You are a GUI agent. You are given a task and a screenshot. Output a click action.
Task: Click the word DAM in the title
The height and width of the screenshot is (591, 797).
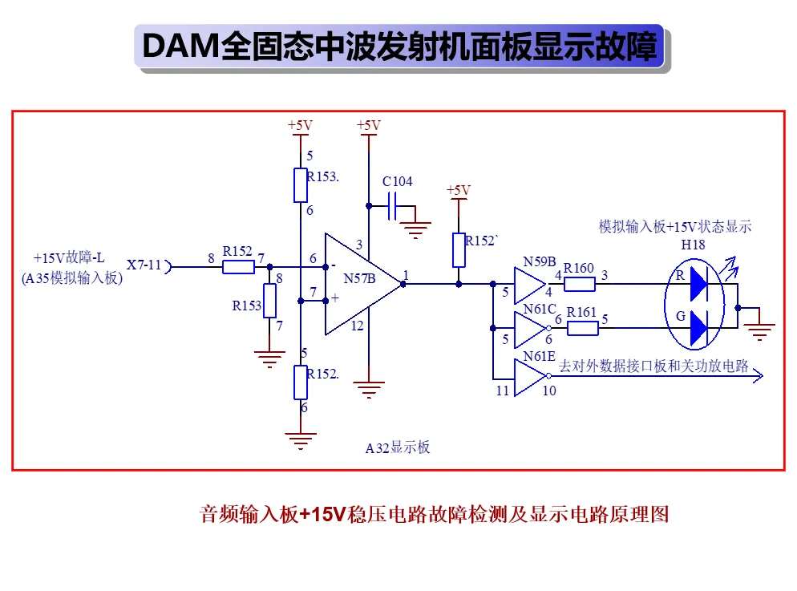pyautogui.click(x=180, y=47)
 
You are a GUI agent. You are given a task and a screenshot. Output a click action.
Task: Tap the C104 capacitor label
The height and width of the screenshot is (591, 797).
pyautogui.click(x=397, y=181)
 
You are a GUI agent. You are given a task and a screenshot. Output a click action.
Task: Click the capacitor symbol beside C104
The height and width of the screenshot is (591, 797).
pyautogui.click(x=392, y=206)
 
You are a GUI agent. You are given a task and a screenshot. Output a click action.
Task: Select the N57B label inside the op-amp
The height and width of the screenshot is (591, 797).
pyautogui.click(x=359, y=278)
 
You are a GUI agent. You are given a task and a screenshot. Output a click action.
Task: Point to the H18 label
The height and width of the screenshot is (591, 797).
pyautogui.click(x=693, y=245)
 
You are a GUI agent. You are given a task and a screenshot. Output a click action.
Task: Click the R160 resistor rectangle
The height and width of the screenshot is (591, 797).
pyautogui.click(x=580, y=284)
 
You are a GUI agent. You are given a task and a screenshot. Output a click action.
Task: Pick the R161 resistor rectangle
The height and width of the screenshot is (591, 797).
pyautogui.click(x=582, y=328)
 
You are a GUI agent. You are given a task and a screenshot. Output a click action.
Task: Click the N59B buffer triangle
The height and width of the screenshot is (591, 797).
pyautogui.click(x=530, y=285)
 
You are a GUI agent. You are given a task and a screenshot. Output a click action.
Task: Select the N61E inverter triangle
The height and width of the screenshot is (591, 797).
pyautogui.click(x=531, y=377)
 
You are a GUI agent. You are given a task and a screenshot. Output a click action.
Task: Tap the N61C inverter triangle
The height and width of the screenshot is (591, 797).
pyautogui.click(x=531, y=329)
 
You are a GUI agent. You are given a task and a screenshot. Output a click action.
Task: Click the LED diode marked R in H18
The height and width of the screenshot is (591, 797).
pyautogui.click(x=698, y=284)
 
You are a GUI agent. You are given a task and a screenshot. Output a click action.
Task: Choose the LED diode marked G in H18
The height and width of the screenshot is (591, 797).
pyautogui.click(x=698, y=328)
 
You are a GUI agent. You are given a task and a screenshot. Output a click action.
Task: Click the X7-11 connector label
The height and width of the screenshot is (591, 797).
pyautogui.click(x=144, y=265)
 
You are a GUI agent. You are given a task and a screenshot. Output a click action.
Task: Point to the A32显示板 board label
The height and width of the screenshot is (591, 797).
pyautogui.click(x=398, y=447)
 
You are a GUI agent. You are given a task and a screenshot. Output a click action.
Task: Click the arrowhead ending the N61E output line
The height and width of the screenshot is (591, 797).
pyautogui.click(x=758, y=376)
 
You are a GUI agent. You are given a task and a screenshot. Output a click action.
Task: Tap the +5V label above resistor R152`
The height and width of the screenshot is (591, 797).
pyautogui.click(x=459, y=191)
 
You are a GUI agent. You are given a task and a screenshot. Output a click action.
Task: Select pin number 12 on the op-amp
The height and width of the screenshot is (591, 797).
pyautogui.click(x=357, y=326)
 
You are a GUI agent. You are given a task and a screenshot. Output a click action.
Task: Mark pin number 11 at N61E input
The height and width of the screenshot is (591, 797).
pyautogui.click(x=502, y=391)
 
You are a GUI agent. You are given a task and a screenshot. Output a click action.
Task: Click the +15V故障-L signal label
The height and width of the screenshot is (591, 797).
pyautogui.click(x=69, y=258)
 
